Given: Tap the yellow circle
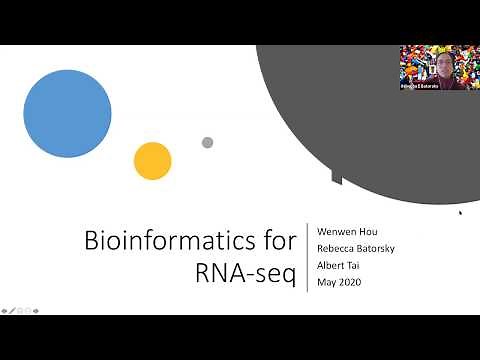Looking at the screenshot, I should click(153, 161).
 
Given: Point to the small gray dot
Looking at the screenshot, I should click(207, 143).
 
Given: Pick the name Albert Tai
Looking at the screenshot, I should click(339, 266).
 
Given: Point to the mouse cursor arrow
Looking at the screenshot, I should click(460, 212).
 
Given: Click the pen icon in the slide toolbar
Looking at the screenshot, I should click(13, 310).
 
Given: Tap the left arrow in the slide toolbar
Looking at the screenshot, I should click(5, 310).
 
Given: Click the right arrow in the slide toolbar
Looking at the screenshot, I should click(37, 310).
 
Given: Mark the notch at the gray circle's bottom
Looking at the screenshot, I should click(336, 177).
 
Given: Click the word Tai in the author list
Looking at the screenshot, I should click(355, 266).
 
